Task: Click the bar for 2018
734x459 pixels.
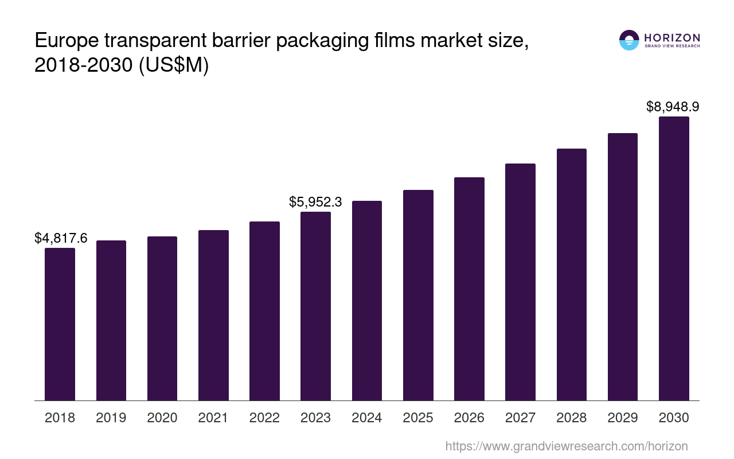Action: [60, 324]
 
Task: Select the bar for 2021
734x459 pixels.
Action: [213, 315]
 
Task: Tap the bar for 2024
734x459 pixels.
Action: [367, 301]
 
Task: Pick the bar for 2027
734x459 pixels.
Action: [520, 282]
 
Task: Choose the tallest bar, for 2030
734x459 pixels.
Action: [674, 258]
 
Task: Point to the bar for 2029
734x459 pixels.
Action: [623, 267]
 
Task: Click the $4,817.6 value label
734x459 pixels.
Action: [61, 238]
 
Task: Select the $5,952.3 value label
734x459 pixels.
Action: [315, 202]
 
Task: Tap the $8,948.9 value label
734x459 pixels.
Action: [673, 107]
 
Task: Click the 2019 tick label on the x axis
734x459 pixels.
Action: [111, 418]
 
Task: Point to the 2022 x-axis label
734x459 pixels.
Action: [264, 418]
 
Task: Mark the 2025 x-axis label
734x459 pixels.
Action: [418, 418]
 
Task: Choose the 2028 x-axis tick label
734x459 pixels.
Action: [571, 418]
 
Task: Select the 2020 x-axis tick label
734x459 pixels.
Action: [162, 418]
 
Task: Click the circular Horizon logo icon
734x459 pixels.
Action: [629, 40]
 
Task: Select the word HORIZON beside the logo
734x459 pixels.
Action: [672, 38]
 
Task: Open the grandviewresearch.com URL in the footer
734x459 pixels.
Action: [566, 446]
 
